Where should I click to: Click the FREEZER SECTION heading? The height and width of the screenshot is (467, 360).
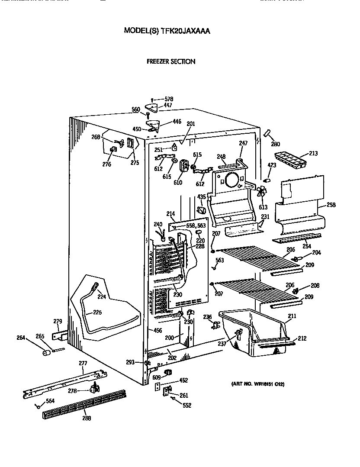171,61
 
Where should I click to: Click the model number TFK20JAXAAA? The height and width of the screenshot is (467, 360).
186,31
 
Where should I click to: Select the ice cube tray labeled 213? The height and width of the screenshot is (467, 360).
289,160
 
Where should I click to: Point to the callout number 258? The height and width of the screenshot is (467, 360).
331,205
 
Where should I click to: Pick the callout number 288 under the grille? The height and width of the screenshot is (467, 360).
87,418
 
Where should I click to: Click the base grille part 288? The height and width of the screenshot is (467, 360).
82,403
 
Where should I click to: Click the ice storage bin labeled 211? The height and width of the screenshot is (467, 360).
251,329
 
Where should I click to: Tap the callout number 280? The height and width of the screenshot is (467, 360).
275,144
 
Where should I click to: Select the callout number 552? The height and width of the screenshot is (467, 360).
186,406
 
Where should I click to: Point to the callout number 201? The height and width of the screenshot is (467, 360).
191,124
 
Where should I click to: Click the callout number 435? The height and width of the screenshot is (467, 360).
201,197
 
